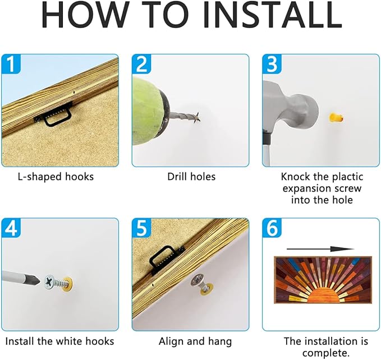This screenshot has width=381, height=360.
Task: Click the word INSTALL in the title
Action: pos(272,15)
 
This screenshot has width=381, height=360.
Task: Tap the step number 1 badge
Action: pos(11,63)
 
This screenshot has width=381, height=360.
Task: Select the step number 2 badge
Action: pos(141,63)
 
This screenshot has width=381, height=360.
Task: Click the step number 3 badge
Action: pos(272,63)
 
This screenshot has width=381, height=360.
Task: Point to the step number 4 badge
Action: pos(11,228)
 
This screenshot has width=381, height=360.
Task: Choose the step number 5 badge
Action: pos(141,228)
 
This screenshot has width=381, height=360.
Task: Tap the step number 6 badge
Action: pos(272,228)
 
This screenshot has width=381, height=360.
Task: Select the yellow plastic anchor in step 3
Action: pos(336,118)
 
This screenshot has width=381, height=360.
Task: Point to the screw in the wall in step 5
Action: pos(202,283)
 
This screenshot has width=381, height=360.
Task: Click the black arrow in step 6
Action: pos(320,249)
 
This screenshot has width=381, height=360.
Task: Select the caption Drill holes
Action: pos(191,177)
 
